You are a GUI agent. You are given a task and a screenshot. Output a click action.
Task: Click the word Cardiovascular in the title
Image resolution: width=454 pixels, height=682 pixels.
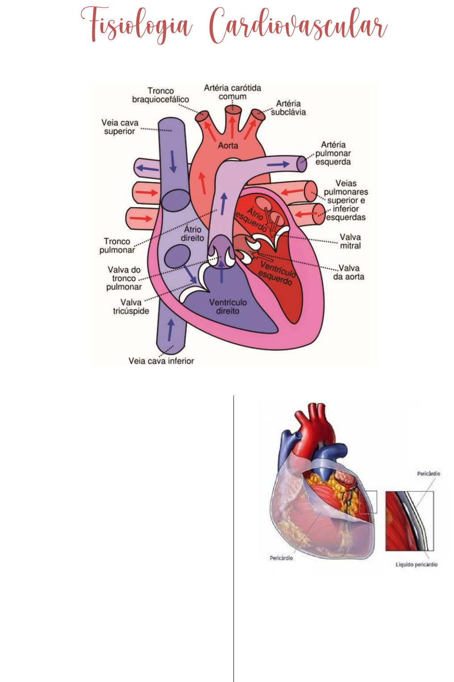tap(298, 25)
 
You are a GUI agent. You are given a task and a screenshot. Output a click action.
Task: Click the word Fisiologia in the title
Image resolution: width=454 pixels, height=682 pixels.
tap(136, 25)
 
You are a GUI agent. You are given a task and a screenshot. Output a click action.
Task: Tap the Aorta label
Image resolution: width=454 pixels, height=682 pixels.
tap(228, 146)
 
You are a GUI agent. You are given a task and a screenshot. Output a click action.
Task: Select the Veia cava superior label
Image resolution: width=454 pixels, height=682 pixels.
tap(120, 127)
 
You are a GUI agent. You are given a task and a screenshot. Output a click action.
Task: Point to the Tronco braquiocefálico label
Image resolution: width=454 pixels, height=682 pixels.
tap(160, 95)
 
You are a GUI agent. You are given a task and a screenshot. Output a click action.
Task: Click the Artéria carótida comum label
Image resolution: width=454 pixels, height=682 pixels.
tap(233, 92)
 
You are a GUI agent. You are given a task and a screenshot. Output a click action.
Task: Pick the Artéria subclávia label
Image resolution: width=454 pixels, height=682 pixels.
tap(288, 108)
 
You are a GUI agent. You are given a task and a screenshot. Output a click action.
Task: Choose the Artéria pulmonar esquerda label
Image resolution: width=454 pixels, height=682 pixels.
tap(333, 153)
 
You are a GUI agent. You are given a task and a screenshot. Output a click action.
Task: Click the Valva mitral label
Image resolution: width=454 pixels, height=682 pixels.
tap(350, 241)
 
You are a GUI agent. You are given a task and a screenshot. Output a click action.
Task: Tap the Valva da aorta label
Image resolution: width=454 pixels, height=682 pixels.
tap(349, 272)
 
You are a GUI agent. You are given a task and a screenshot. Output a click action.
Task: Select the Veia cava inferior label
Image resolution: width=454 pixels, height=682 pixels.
tap(161, 361)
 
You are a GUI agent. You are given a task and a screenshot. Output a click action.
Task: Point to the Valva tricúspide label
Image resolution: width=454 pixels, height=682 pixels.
tap(131, 306)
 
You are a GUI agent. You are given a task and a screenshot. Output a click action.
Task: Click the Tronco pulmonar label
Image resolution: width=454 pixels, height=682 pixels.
tap(117, 245)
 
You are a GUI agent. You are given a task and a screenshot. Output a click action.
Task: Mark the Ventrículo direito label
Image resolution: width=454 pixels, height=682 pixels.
tap(228, 306)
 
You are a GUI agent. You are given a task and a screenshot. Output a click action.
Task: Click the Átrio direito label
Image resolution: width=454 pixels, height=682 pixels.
tap(192, 233)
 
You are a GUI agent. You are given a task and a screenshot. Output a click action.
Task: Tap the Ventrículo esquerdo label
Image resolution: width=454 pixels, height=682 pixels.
tap(277, 274)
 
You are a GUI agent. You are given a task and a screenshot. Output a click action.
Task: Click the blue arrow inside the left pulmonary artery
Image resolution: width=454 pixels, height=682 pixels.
tap(278, 164)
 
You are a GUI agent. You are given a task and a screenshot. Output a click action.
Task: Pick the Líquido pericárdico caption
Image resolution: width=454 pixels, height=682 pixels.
tap(417, 565)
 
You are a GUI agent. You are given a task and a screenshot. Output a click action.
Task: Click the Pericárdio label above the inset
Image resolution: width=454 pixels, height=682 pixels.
tap(429, 474)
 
